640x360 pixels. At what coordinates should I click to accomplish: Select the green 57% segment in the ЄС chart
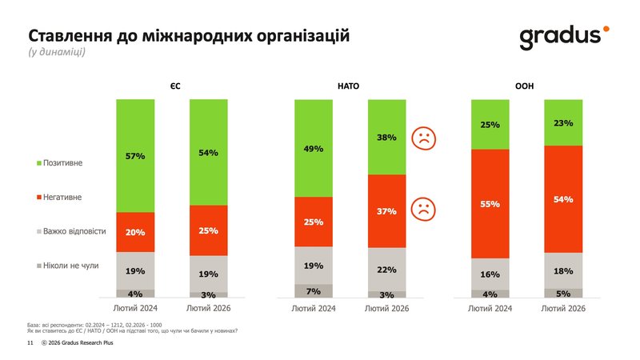135,156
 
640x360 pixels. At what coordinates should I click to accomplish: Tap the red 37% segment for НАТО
386,211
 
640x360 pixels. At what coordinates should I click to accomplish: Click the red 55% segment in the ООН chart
490,204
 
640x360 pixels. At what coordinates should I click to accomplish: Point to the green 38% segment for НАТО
386,137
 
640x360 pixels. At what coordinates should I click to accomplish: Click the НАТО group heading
349,86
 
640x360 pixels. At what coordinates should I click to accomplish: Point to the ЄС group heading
173,86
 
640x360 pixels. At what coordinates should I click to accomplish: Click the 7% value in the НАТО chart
314,291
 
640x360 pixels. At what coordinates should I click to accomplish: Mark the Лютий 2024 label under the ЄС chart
135,308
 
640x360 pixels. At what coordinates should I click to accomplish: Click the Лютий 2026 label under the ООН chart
563,308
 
